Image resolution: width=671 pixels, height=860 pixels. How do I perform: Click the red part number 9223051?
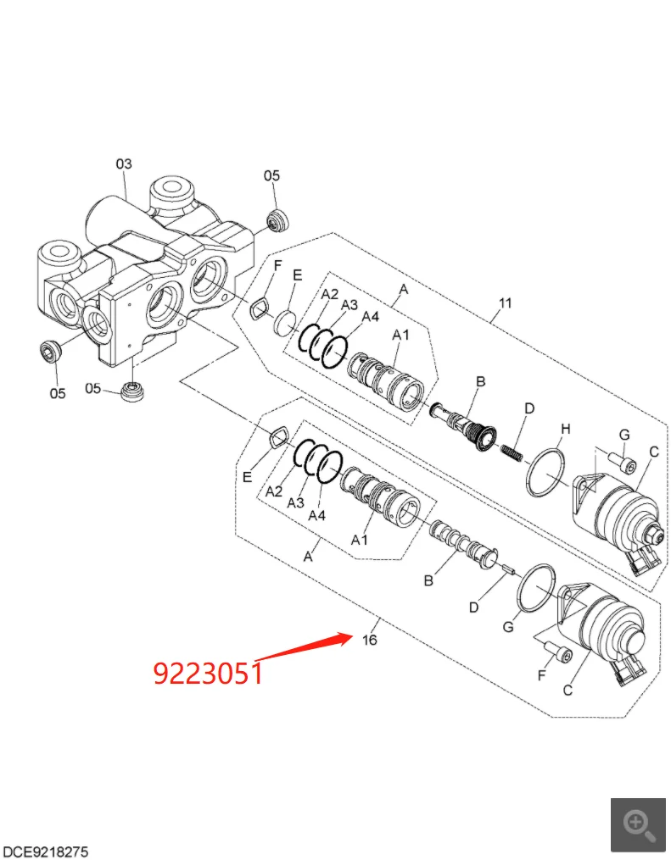click(x=208, y=673)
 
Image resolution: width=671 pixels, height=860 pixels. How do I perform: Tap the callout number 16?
click(x=369, y=640)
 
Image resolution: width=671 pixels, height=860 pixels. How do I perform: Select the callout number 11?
click(x=506, y=302)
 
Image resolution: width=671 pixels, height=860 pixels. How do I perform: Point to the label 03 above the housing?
click(x=124, y=164)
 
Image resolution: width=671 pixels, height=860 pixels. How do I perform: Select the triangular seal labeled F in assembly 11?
click(x=259, y=309)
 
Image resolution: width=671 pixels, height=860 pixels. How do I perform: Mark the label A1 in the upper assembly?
click(x=400, y=336)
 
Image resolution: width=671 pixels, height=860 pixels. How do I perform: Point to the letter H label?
click(x=566, y=430)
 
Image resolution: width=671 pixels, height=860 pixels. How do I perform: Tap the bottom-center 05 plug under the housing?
click(x=133, y=392)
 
